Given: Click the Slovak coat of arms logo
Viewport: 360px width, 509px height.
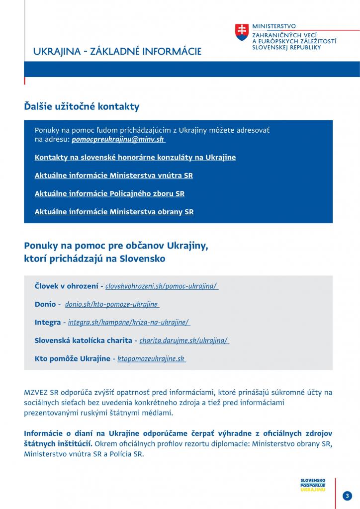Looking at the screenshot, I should pyautogui.click(x=242, y=33).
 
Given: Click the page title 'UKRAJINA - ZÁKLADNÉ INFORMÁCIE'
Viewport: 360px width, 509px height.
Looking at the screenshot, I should pyautogui.click(x=117, y=52).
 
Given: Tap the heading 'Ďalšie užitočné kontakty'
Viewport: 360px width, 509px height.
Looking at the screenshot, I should pyautogui.click(x=82, y=107).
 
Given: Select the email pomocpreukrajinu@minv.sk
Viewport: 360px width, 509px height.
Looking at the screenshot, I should pyautogui.click(x=118, y=140).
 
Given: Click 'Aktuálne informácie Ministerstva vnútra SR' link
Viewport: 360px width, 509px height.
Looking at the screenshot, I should pyautogui.click(x=114, y=175).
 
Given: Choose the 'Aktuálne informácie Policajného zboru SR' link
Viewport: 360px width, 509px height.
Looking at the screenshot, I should pyautogui.click(x=109, y=193).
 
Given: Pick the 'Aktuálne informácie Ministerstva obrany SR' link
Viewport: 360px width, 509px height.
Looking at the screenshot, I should pyautogui.click(x=114, y=212).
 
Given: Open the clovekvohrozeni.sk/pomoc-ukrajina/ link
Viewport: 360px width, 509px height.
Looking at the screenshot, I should pyautogui.click(x=162, y=286).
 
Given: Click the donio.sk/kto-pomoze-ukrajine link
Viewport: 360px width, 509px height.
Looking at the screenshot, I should pyautogui.click(x=112, y=304).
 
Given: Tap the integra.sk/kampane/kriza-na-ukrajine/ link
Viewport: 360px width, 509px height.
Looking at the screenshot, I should pyautogui.click(x=129, y=322).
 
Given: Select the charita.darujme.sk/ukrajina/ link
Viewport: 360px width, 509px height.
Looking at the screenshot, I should pyautogui.click(x=184, y=340).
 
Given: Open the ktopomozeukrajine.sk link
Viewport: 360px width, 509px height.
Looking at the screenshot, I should pyautogui.click(x=151, y=358).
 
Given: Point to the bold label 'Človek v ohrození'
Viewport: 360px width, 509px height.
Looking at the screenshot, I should pyautogui.click(x=66, y=286).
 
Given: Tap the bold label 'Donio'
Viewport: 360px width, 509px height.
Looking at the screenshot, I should pyautogui.click(x=45, y=304).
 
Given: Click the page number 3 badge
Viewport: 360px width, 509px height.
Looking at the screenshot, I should pyautogui.click(x=347, y=496).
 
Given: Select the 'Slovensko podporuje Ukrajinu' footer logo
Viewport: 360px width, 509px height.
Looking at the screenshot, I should pyautogui.click(x=313, y=485).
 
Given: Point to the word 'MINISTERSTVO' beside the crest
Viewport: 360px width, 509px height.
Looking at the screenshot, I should pyautogui.click(x=274, y=25).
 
